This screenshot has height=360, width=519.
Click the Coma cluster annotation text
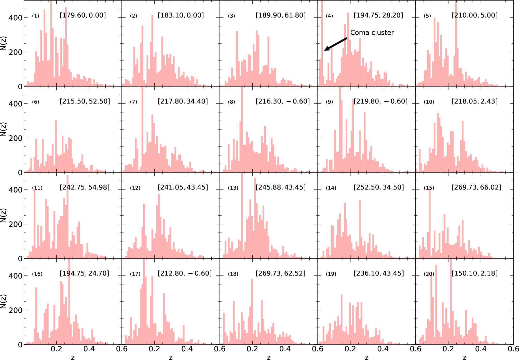point(372,33)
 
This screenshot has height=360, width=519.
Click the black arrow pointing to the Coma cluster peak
point(336,44)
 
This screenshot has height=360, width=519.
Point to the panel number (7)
point(133,102)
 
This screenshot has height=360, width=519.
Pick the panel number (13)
point(233,188)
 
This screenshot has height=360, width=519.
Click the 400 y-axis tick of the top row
point(16,18)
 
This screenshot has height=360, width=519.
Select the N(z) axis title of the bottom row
point(3,301)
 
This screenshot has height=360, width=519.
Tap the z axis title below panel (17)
point(171,357)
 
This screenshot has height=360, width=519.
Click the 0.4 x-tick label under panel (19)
point(383,349)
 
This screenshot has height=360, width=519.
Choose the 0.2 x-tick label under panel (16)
point(56,349)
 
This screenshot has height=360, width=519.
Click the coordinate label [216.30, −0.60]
point(283,101)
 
